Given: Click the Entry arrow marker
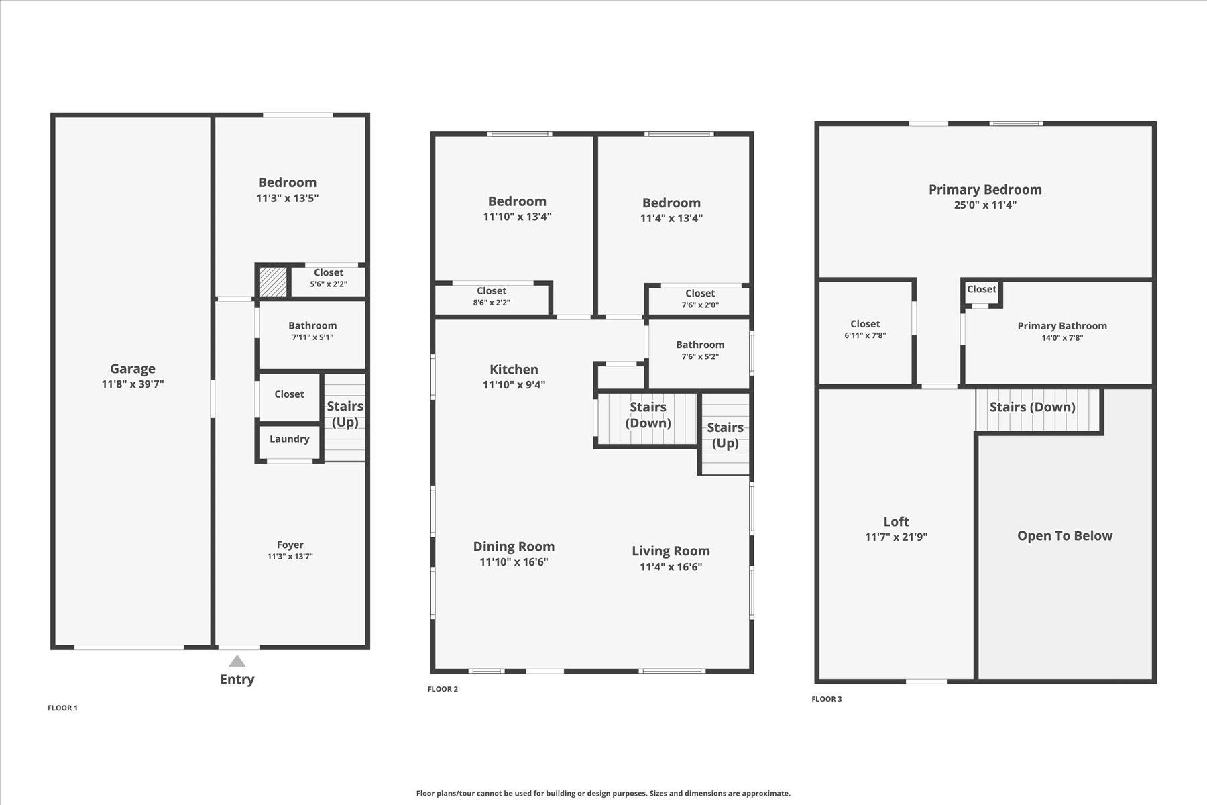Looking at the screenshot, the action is coord(237,661).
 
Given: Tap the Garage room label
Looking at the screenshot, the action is coord(133,368).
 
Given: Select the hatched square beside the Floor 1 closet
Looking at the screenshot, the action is coord(272,282).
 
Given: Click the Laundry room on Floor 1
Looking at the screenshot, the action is coord(289,441).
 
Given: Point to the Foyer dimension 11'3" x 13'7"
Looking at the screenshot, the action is coord(290,556).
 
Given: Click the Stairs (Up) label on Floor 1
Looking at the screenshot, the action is coord(345,414).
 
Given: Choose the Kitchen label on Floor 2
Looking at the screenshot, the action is coord(514,369).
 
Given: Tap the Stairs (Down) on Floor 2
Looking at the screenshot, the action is coord(648,419).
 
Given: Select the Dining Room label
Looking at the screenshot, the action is coord(514,547).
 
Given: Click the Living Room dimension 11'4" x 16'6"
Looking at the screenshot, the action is coord(671,567).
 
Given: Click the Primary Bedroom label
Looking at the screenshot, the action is coord(985,189).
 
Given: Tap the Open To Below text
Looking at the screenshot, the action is coord(1065,536).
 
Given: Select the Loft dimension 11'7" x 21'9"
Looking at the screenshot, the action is coord(897,537).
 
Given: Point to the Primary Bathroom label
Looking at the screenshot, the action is coord(1062,326).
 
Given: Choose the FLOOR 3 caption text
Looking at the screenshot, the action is coord(827,699).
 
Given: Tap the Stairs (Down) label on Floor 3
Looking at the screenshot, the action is coord(1033,407).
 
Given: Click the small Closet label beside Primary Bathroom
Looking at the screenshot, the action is coord(982,289).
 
